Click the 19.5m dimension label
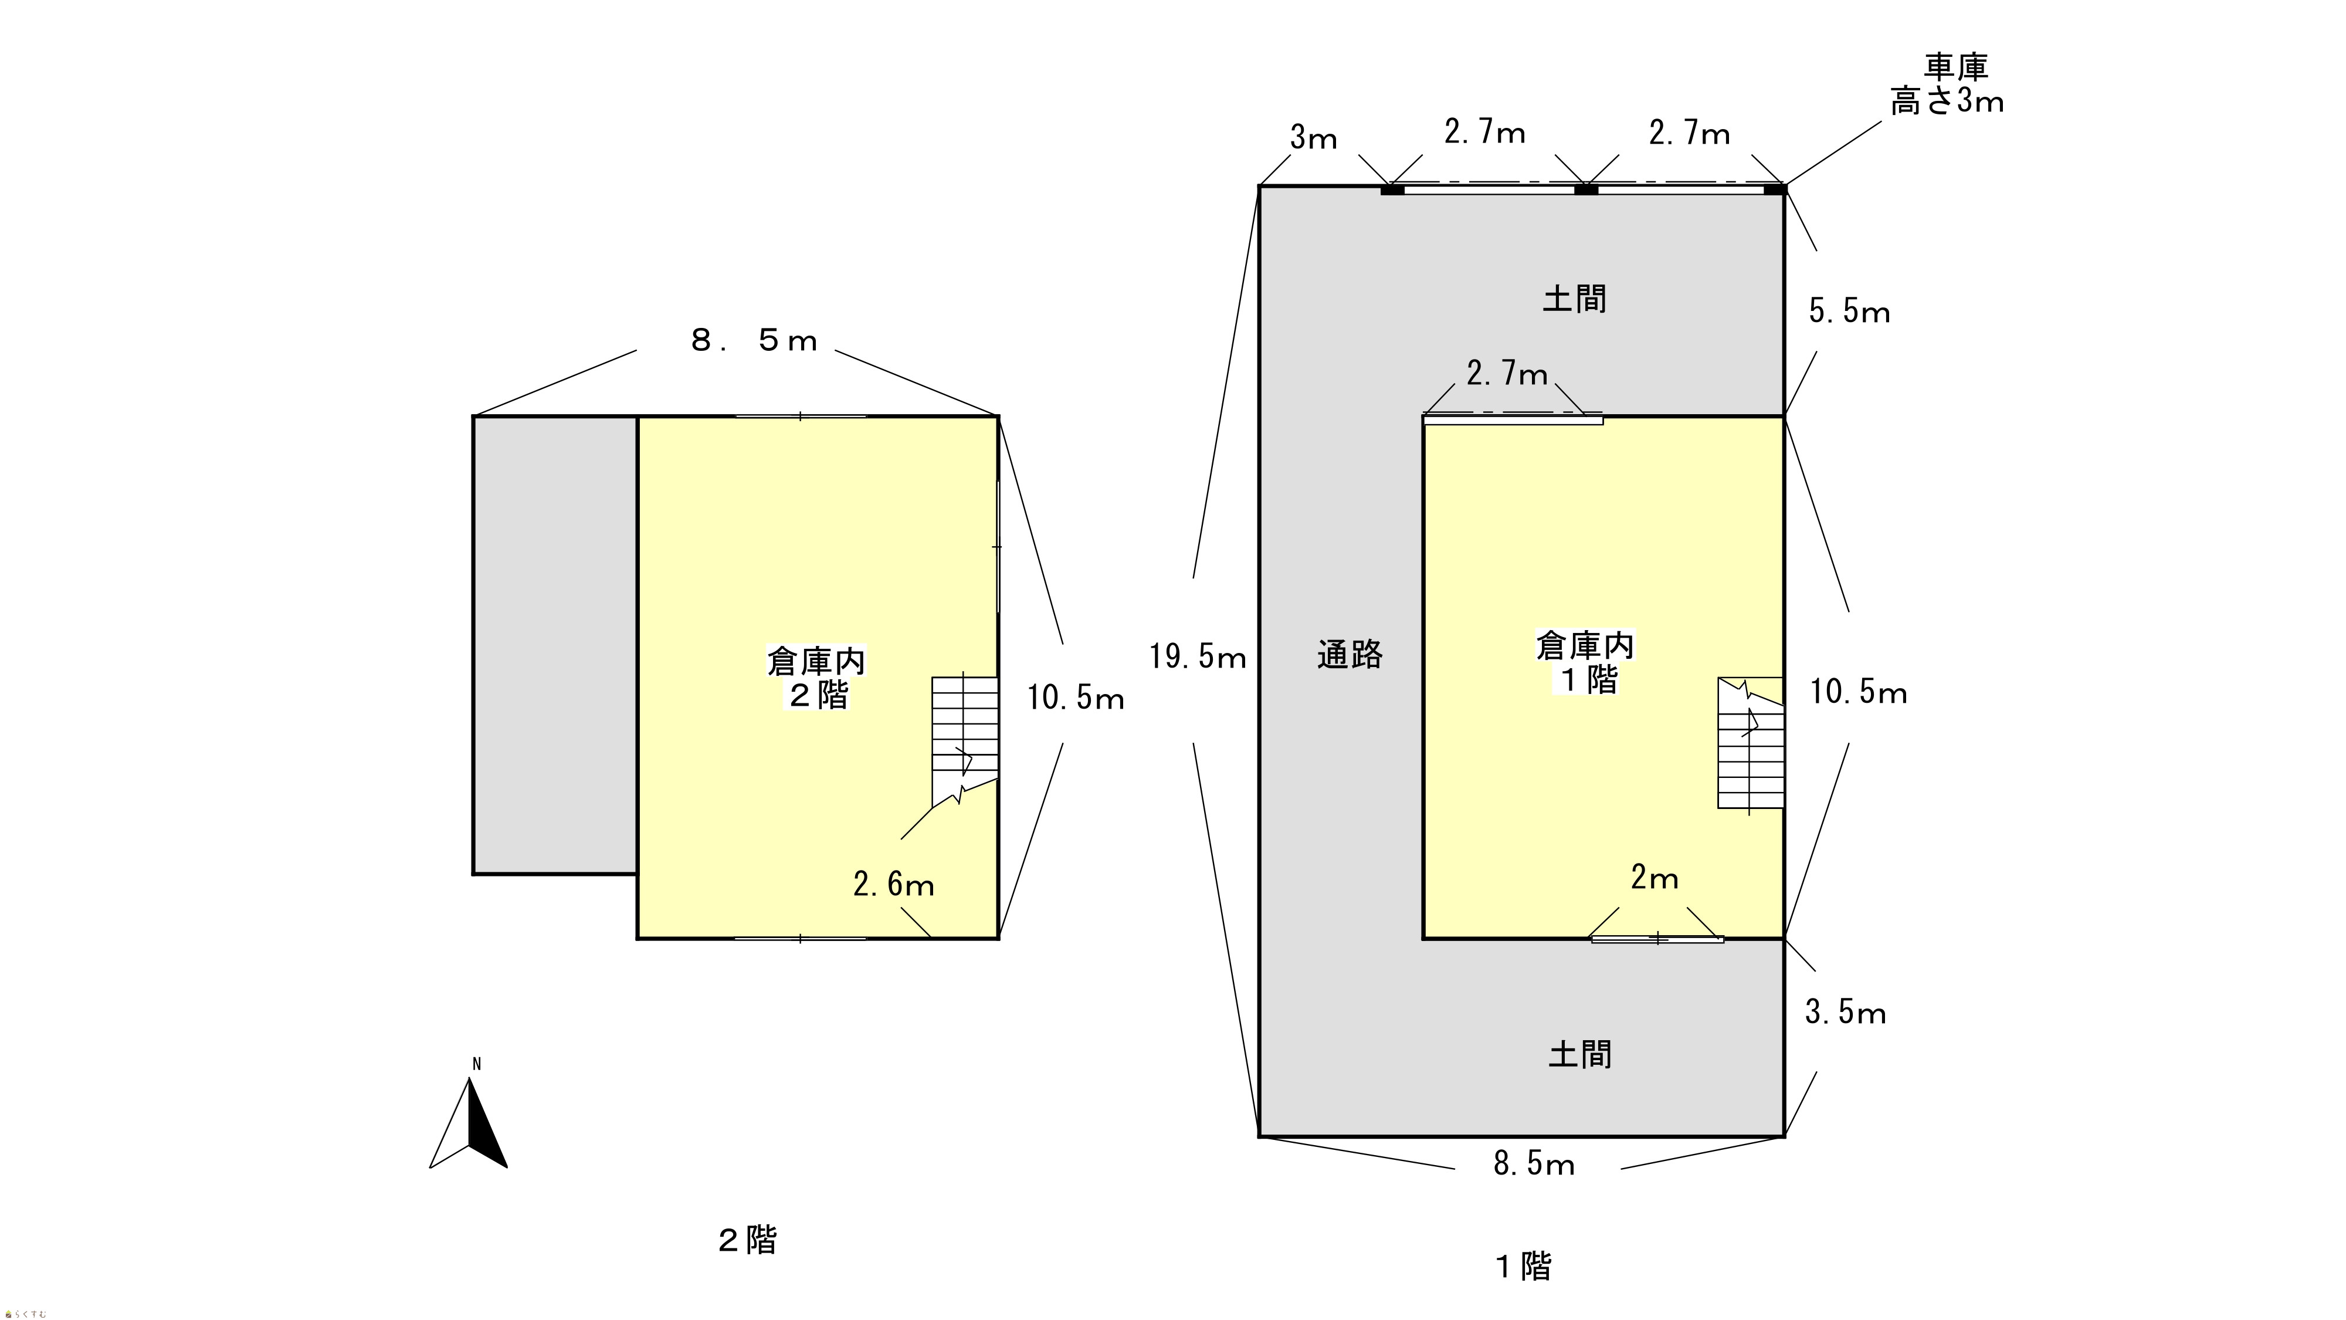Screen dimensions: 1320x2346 tap(1196, 657)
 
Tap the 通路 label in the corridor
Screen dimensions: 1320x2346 tap(1350, 655)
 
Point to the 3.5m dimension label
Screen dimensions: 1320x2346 tap(1845, 1012)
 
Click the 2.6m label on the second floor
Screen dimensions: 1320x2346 tap(893, 885)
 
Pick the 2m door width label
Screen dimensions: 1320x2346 tap(1654, 878)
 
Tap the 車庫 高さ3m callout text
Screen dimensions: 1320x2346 tap(1947, 84)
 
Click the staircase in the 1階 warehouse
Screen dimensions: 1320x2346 tap(1750, 743)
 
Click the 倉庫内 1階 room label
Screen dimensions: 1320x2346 tap(1585, 662)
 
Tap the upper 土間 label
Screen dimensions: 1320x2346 tap(1574, 299)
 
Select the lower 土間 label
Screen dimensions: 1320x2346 tap(1580, 1055)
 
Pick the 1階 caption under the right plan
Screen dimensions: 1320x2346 tap(1524, 1266)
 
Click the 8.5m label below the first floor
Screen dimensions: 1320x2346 tap(1534, 1164)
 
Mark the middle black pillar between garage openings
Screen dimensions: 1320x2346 tap(1585, 189)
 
